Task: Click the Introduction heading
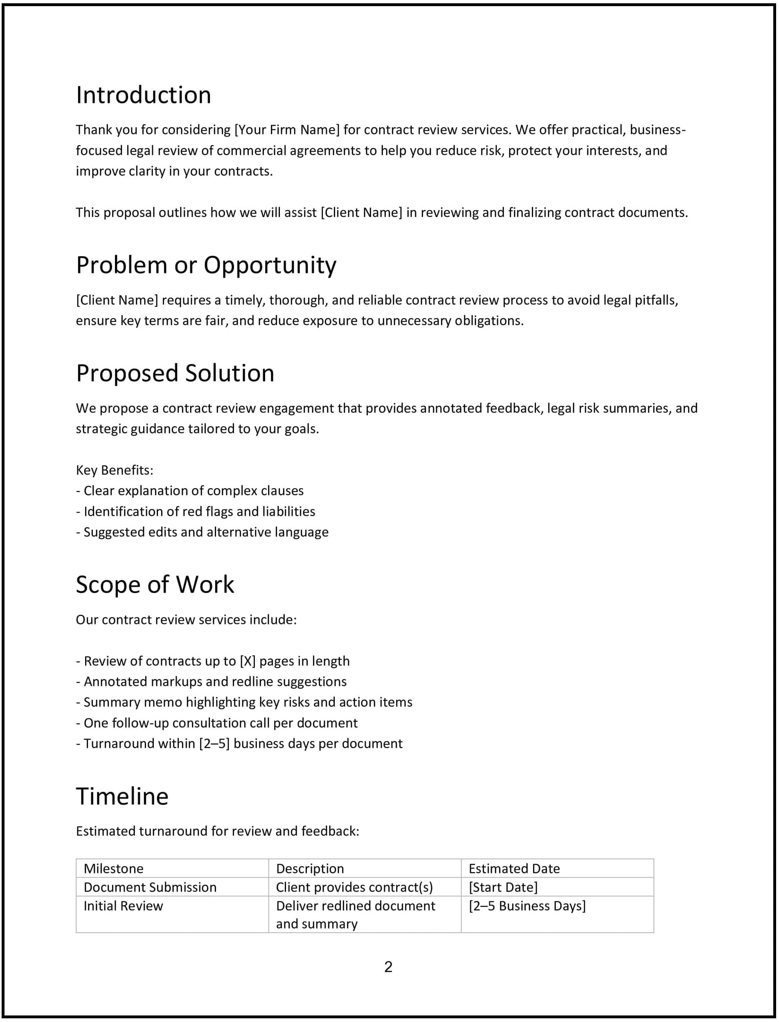coord(143,95)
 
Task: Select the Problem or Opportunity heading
coord(206,265)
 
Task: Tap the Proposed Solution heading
coord(175,373)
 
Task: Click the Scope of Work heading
coord(155,585)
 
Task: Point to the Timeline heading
coord(122,796)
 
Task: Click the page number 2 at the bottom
coord(388,967)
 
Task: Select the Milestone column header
coord(114,869)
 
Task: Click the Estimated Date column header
coord(514,869)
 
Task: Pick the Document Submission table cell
coord(150,887)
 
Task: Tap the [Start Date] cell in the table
coord(503,887)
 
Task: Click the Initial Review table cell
coord(123,906)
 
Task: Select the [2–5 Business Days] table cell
coord(527,906)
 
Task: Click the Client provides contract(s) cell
coord(354,887)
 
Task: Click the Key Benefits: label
coord(115,470)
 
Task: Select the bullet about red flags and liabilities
coord(196,511)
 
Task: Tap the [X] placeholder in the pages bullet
coord(248,661)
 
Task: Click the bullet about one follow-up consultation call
coord(216,723)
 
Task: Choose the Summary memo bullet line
coord(244,702)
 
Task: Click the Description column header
coord(310,869)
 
